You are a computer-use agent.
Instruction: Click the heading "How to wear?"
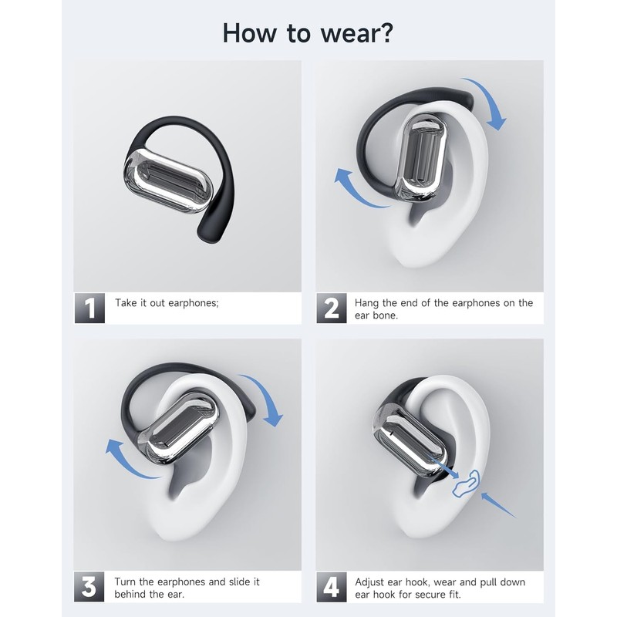pos(308,32)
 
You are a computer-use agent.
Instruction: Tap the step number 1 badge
pos(90,308)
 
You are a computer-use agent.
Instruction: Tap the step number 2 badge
pos(332,308)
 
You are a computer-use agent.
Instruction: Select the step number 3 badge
pos(90,588)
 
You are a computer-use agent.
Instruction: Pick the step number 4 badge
pos(332,588)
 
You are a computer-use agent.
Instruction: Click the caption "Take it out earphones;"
pos(167,303)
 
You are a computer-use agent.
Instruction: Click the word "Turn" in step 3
pos(126,582)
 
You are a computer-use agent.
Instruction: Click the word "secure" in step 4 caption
pos(470,595)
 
